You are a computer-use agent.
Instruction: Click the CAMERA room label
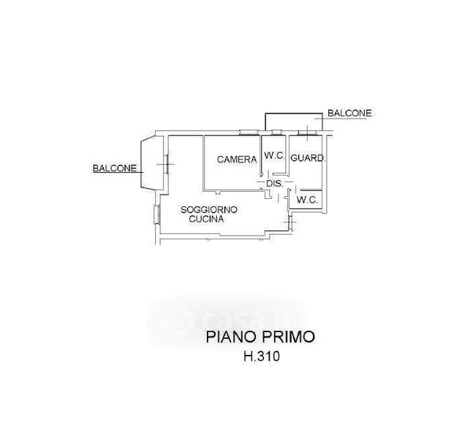pyautogui.click(x=236, y=159)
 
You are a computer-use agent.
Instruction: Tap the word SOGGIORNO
pyautogui.click(x=209, y=209)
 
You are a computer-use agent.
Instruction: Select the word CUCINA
pyautogui.click(x=207, y=219)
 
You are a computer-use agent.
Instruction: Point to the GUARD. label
pyautogui.click(x=308, y=158)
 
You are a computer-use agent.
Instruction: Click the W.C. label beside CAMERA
pyautogui.click(x=274, y=156)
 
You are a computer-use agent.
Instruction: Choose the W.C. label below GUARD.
pyautogui.click(x=306, y=199)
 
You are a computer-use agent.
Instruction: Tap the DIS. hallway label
pyautogui.click(x=274, y=183)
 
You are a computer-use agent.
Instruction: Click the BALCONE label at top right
pyautogui.click(x=349, y=113)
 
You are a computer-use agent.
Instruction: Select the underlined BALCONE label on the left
pyautogui.click(x=113, y=168)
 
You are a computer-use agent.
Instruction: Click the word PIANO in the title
pyautogui.click(x=227, y=337)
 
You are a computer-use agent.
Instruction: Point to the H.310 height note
pyautogui.click(x=262, y=358)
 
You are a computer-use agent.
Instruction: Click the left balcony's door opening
pyautogui.click(x=167, y=164)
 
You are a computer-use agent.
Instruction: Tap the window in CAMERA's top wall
pyautogui.click(x=249, y=133)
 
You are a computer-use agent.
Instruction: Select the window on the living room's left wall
pyautogui.click(x=157, y=215)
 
